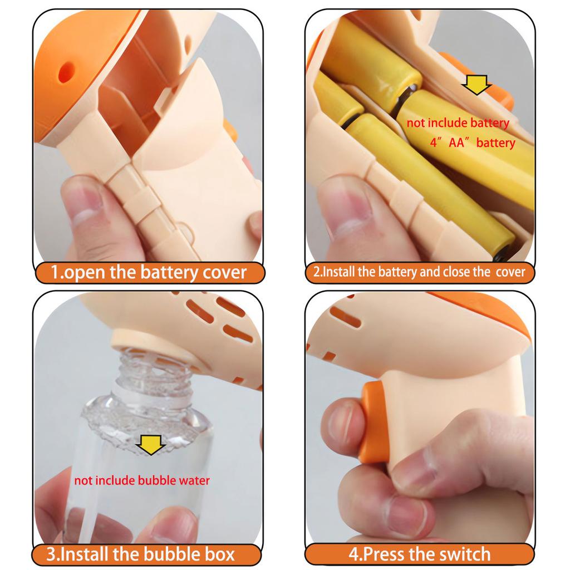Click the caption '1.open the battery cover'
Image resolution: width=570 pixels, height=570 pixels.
tap(148, 273)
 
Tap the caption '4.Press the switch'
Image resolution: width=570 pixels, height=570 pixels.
tap(420, 554)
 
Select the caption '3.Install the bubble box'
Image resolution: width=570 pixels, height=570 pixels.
tap(147, 554)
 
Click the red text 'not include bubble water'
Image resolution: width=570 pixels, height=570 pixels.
tap(142, 480)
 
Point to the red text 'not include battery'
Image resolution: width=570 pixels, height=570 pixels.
tap(458, 123)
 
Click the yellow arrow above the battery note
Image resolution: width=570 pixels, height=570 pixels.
tap(476, 85)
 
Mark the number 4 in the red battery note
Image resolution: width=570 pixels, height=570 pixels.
tap(432, 143)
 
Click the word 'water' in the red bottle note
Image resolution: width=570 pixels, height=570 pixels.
tap(192, 480)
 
